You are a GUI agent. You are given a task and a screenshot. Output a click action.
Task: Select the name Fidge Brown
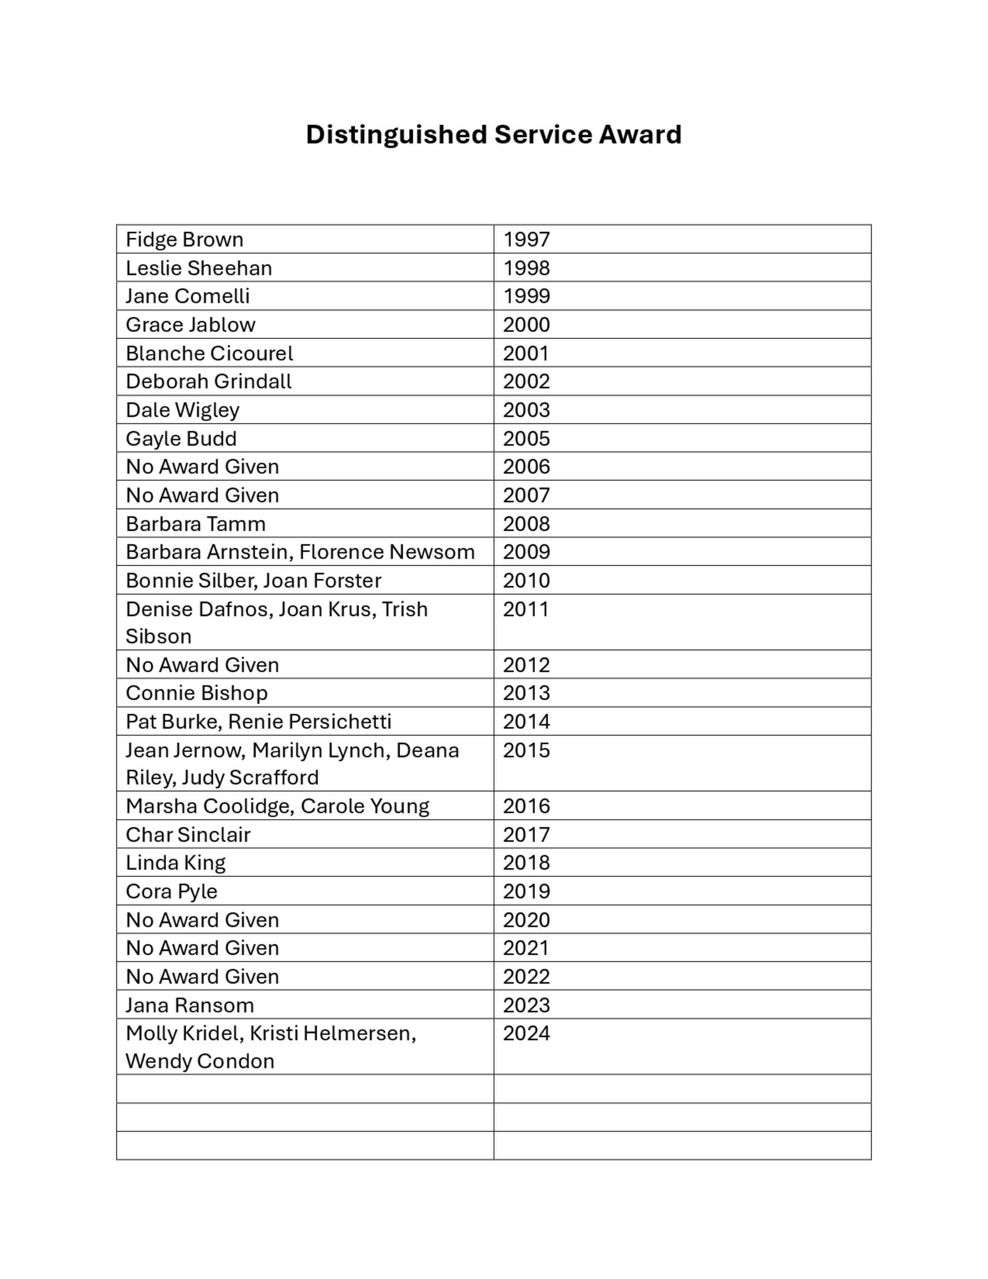point(184,240)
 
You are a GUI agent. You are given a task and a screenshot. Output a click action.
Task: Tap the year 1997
point(526,240)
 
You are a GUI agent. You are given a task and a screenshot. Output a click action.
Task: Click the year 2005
point(526,439)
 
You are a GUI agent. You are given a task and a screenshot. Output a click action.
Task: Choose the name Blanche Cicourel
point(209,354)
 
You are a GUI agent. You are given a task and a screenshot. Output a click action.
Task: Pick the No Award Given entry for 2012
point(202,665)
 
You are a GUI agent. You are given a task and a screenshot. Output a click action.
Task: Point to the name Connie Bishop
point(197,693)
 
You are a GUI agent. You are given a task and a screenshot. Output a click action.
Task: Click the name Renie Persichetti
point(310,722)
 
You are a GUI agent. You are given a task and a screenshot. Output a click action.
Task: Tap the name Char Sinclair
point(188,835)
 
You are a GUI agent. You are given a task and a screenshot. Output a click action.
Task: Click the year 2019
point(526,892)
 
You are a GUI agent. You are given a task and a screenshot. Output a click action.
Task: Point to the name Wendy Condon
point(200,1062)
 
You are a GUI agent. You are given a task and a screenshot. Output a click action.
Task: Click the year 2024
point(526,1033)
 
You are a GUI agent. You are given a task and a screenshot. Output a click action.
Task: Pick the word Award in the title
point(640,135)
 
